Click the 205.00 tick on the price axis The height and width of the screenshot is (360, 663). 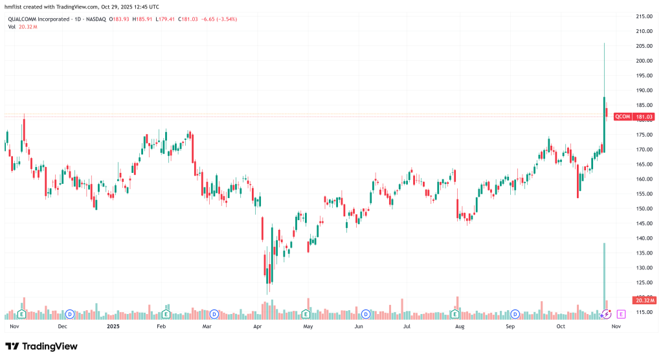(644, 46)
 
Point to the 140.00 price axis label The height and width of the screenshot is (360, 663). (644, 238)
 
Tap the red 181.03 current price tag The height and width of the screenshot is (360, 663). (644, 117)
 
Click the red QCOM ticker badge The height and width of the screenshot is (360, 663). (622, 117)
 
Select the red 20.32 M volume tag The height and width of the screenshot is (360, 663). (644, 300)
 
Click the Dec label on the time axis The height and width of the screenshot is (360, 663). (62, 328)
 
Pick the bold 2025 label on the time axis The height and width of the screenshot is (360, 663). (113, 328)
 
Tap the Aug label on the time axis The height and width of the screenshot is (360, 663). (459, 328)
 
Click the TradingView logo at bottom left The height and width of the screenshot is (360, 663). (41, 346)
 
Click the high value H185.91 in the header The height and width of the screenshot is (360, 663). (142, 19)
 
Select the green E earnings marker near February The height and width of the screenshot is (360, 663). (166, 314)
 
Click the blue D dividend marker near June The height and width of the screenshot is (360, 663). (365, 314)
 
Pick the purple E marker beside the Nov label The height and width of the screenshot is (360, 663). (621, 314)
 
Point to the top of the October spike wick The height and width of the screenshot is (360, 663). (604, 43)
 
